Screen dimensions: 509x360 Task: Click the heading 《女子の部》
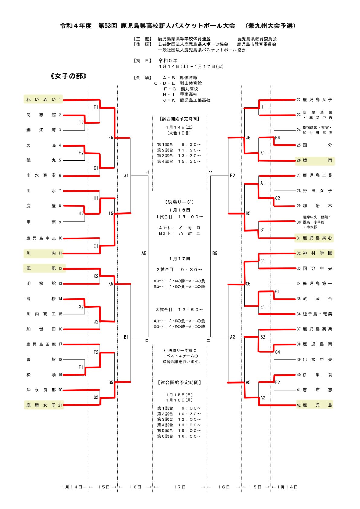[x=69, y=76]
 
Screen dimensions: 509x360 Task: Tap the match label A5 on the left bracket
[x=144, y=254]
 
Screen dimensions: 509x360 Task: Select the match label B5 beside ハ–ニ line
[x=215, y=254]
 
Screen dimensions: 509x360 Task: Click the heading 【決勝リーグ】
[x=180, y=202]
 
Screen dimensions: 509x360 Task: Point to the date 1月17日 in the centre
[x=180, y=259]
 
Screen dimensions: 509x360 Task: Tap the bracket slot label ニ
[x=208, y=341]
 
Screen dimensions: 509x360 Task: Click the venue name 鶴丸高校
[x=189, y=89]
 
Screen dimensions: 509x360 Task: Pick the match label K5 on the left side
[x=111, y=284]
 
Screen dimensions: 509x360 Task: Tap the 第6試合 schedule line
[x=179, y=436]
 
